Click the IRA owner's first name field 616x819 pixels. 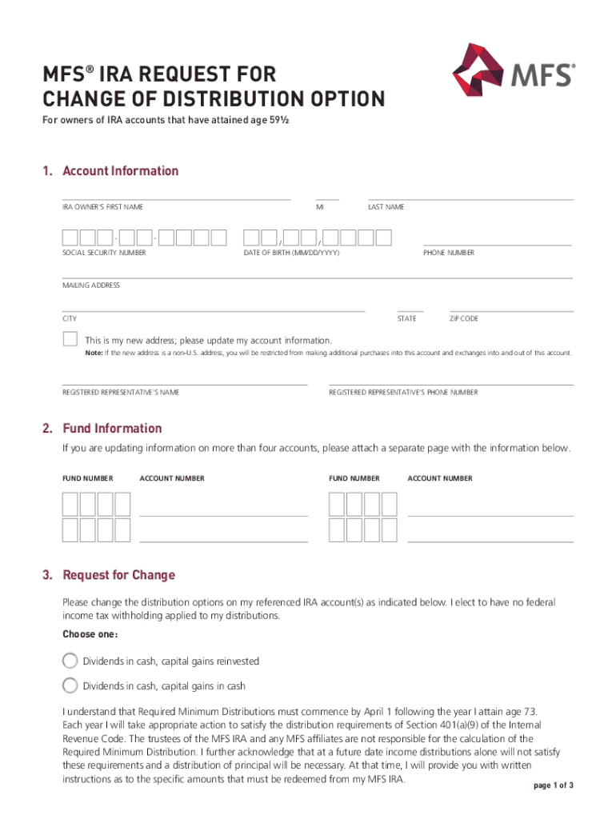[176, 194]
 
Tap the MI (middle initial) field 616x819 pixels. [327, 194]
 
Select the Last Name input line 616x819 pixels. [470, 194]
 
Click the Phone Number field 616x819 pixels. [497, 239]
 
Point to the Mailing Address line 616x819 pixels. [318, 272]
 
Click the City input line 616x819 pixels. [214, 305]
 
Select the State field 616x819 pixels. [410, 305]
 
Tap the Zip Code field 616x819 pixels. [511, 305]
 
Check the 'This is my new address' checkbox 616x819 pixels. [70, 338]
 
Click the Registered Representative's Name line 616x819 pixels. [185, 379]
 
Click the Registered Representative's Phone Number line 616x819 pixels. [450, 379]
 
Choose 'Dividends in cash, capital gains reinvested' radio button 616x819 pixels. [70, 661]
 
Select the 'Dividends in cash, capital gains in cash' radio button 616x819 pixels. [70, 685]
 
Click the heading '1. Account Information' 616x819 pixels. [111, 171]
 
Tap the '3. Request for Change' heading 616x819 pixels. [109, 575]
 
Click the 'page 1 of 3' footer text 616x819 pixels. [553, 785]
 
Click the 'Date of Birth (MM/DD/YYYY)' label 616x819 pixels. [291, 253]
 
